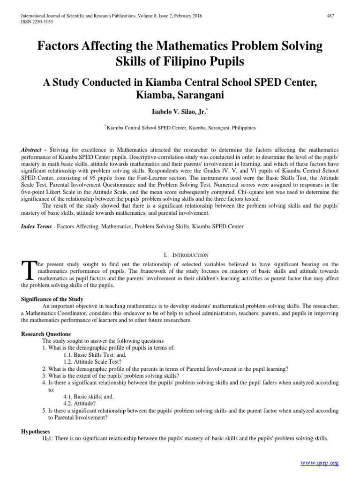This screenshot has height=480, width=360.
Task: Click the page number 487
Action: tap(330, 16)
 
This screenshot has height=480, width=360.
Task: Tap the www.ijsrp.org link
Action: tap(319, 463)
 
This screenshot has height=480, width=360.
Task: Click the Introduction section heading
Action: tap(186, 255)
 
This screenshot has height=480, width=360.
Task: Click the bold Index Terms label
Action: tap(37, 226)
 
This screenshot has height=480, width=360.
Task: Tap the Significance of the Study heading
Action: tap(52, 299)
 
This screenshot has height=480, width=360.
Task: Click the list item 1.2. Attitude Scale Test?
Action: tap(95, 362)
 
